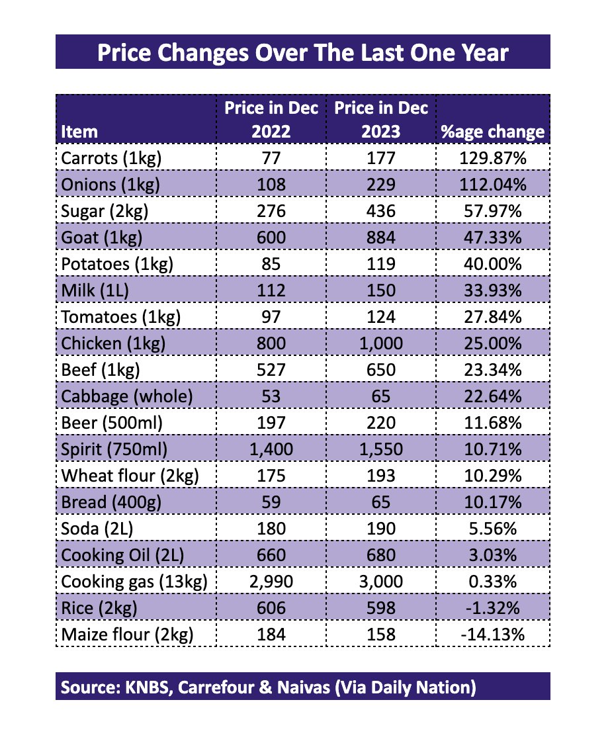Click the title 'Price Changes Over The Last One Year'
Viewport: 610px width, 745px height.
(x=304, y=52)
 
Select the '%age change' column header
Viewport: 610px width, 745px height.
(x=492, y=132)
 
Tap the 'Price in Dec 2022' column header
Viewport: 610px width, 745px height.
(x=271, y=119)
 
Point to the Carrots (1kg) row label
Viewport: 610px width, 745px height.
(x=110, y=158)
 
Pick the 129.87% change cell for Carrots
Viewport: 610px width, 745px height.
(x=492, y=158)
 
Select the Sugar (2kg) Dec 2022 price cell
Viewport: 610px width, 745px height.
(x=271, y=212)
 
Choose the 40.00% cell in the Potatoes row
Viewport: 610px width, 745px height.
(x=492, y=265)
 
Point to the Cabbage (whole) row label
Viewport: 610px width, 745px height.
(x=126, y=397)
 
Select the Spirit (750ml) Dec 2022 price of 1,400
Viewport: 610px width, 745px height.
(x=271, y=450)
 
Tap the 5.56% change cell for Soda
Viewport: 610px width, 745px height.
(x=492, y=529)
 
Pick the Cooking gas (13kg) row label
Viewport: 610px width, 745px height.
(x=133, y=582)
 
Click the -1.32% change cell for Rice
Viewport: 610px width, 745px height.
(x=492, y=609)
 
